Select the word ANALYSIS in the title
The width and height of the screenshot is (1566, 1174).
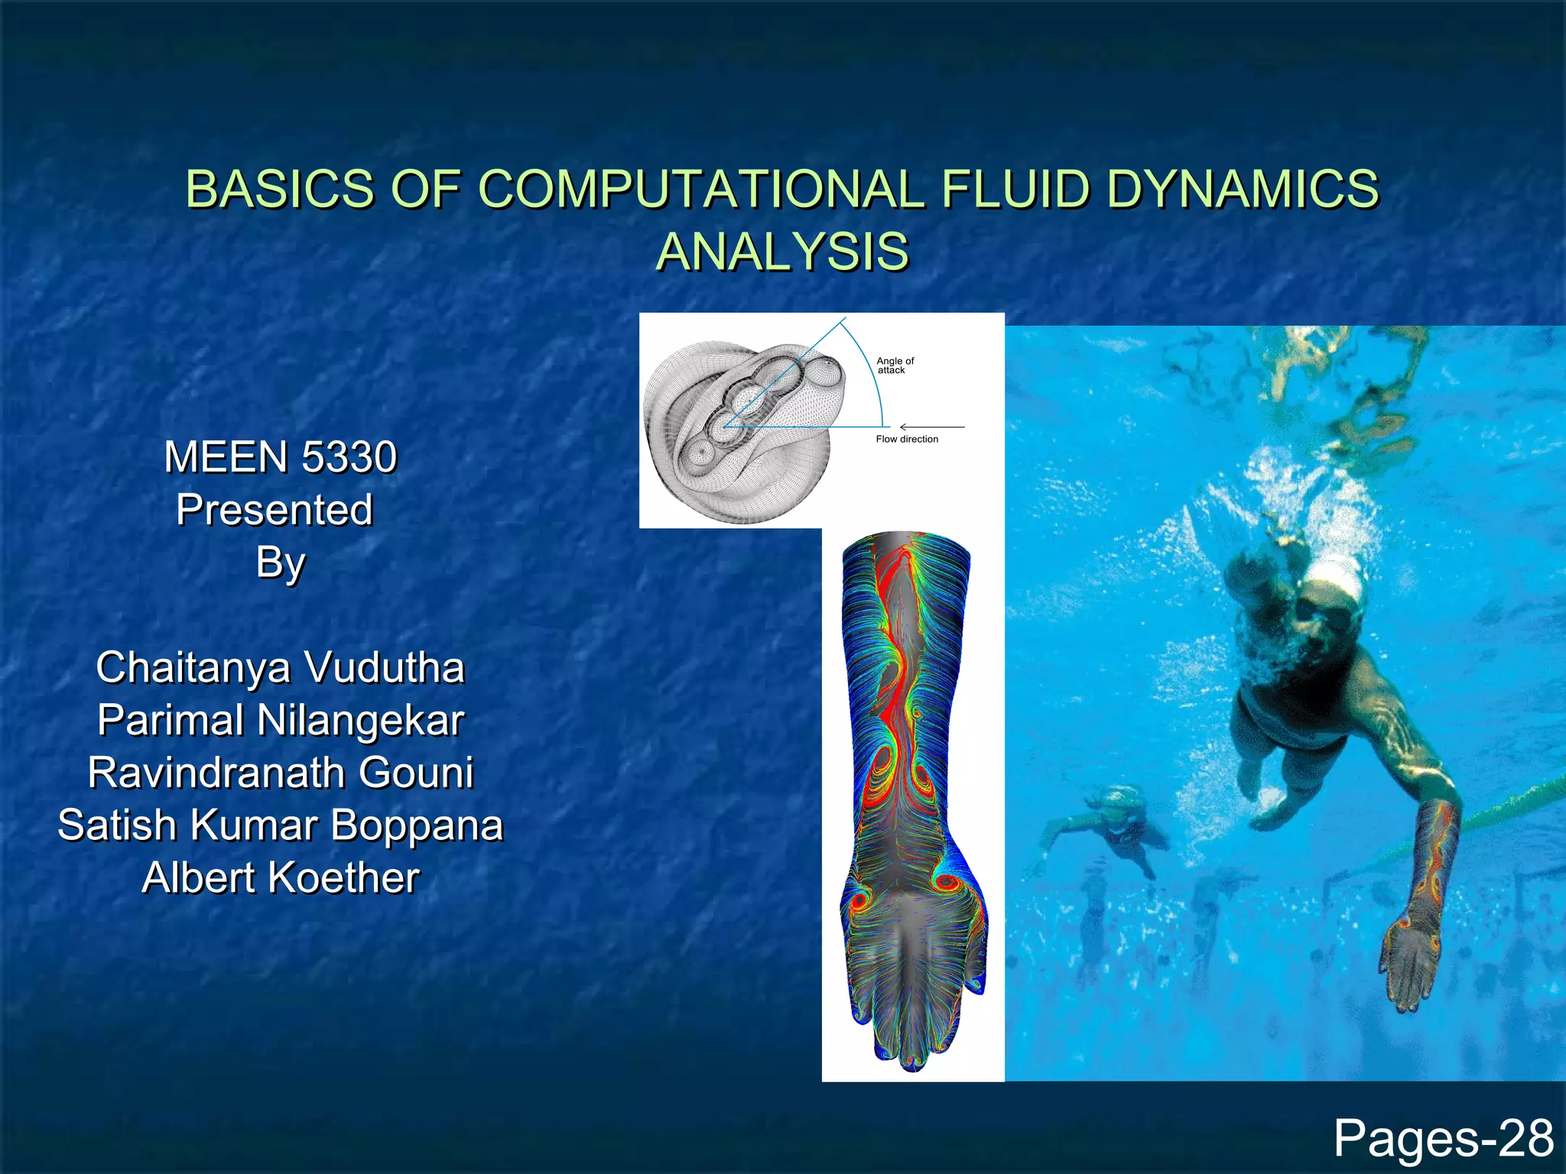[783, 251]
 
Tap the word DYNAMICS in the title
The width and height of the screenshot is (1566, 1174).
[1243, 189]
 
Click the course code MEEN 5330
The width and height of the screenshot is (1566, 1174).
[281, 457]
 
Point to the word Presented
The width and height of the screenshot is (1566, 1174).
[275, 510]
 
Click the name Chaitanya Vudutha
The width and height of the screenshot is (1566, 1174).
[281, 667]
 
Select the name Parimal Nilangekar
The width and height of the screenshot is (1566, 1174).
[281, 720]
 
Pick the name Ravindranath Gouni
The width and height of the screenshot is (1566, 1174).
[281, 772]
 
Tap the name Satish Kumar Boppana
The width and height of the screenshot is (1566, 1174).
[281, 825]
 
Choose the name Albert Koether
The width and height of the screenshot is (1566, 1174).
[281, 877]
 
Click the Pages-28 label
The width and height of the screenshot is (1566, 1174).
[1444, 1139]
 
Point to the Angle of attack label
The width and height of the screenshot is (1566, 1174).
[895, 365]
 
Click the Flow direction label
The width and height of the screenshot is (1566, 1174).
[907, 439]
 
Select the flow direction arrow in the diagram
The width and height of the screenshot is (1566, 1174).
[932, 426]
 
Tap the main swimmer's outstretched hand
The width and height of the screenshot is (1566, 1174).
[1411, 963]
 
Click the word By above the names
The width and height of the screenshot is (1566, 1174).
[281, 563]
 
